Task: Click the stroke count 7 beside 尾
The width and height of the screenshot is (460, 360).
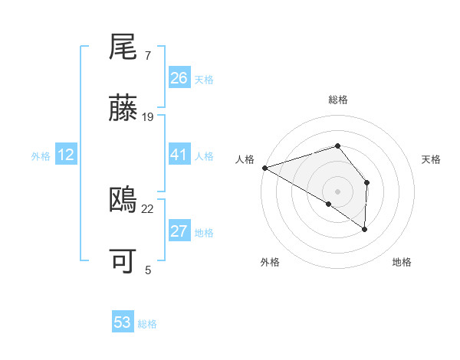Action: [x=147, y=56]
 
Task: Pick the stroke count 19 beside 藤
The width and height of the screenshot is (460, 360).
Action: [x=148, y=116]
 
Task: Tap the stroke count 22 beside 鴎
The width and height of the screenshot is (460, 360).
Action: [x=148, y=208]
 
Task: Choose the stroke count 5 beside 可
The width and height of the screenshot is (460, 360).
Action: [x=147, y=269]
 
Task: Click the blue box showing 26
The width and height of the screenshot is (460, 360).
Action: [x=179, y=78]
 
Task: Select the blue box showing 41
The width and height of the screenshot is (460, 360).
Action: [x=179, y=155]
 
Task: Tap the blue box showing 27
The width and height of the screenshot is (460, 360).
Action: [x=179, y=231]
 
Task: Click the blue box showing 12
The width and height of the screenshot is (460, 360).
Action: [x=66, y=155]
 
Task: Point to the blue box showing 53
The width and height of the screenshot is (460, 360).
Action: [x=123, y=322]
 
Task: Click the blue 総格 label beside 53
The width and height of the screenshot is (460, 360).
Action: [x=147, y=324]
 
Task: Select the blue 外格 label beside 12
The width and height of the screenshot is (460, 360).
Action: [x=41, y=156]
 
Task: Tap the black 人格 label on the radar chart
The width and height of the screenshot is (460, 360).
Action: [x=245, y=159]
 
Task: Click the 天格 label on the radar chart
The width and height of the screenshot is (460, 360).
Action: [x=432, y=159]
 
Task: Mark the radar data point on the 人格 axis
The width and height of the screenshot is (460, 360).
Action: [x=264, y=168]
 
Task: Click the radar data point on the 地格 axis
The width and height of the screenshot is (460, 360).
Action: [x=365, y=228]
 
